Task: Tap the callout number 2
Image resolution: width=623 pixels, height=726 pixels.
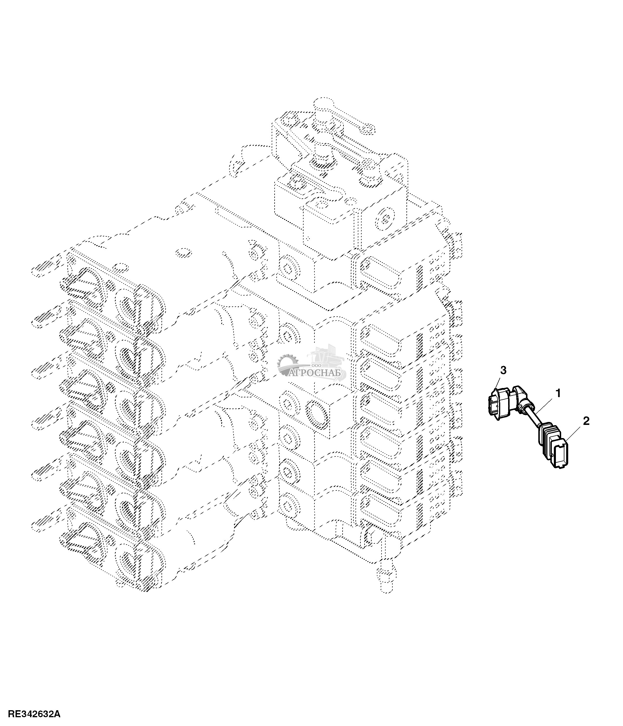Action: (586, 421)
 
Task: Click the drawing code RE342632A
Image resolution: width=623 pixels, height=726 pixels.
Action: (34, 714)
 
